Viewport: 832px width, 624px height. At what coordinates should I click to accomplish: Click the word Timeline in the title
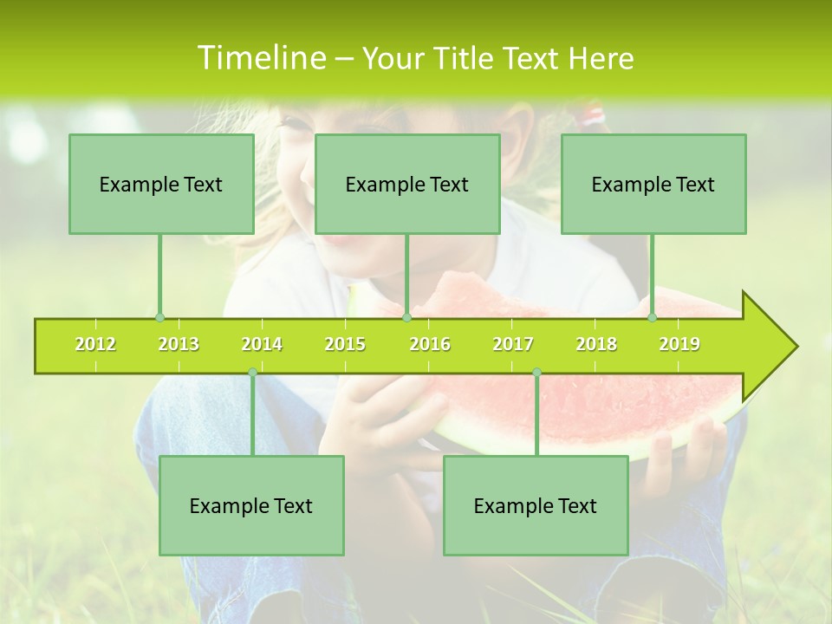click(x=261, y=58)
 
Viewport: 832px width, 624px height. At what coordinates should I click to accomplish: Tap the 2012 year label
click(x=95, y=344)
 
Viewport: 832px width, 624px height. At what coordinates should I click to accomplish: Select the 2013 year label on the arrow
click(x=179, y=344)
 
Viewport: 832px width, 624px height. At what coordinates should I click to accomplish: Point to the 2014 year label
click(x=262, y=344)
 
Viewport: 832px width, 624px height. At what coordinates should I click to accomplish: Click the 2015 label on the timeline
click(x=345, y=344)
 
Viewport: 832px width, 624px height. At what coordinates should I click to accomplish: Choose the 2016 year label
click(x=430, y=344)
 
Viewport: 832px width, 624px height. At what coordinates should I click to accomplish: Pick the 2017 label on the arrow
click(x=513, y=344)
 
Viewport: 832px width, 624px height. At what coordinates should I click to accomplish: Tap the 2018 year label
click(x=596, y=344)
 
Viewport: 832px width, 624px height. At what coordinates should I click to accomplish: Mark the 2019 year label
click(x=679, y=344)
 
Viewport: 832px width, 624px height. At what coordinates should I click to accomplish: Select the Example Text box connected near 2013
click(x=161, y=184)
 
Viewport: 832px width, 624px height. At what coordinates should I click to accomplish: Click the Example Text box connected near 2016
click(x=407, y=184)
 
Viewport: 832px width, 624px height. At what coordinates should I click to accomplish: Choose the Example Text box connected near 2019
click(x=653, y=184)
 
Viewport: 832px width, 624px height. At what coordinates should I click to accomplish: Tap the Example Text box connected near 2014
click(x=251, y=505)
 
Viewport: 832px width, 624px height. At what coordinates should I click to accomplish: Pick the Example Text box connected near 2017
click(x=536, y=505)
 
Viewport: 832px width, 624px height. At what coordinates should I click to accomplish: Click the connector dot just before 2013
click(x=159, y=318)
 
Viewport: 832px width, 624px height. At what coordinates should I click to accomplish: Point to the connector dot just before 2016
click(x=406, y=318)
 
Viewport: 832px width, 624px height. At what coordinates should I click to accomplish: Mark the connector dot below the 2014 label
click(x=252, y=372)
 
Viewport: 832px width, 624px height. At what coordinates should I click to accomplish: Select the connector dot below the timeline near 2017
click(x=536, y=372)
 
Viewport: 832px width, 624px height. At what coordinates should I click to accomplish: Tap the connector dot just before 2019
click(x=652, y=318)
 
